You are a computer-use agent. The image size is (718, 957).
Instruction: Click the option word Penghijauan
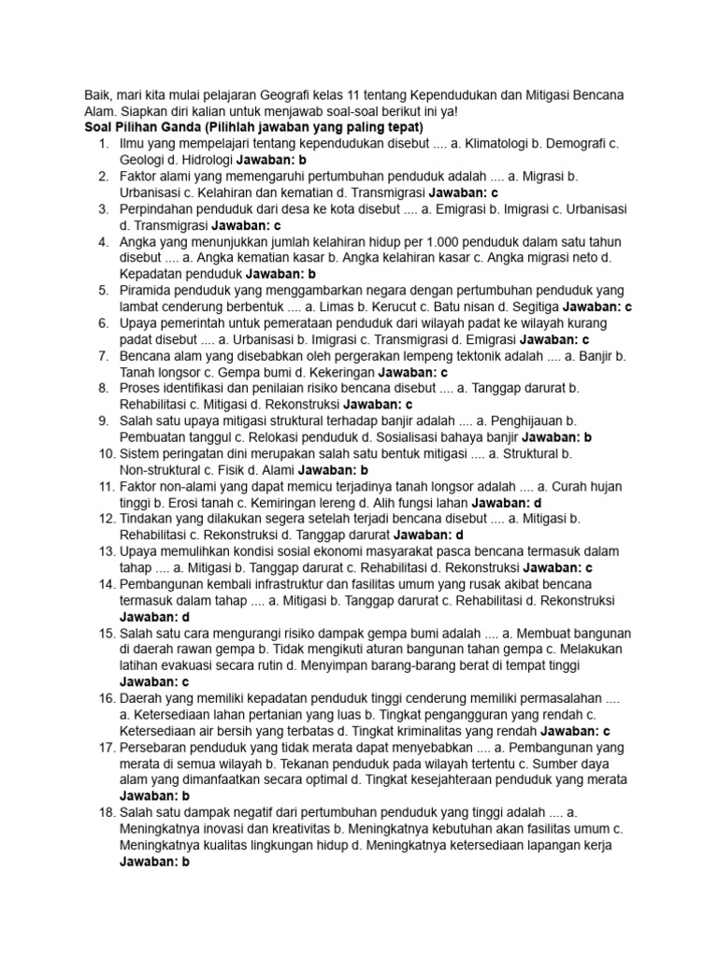[524, 421]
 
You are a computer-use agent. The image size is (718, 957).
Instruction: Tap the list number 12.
[105, 519]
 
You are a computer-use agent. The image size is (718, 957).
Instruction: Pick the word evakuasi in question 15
[208, 664]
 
